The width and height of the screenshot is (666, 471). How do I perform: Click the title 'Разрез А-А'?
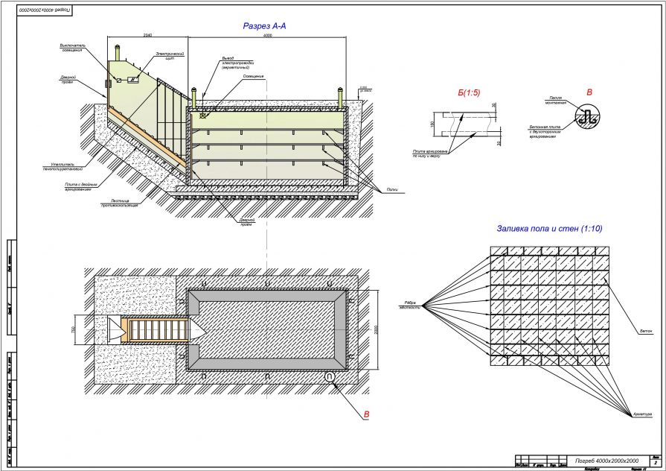pyautogui.click(x=264, y=26)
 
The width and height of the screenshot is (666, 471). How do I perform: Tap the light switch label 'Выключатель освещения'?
pyautogui.click(x=73, y=47)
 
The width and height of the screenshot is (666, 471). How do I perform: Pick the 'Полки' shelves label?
pyautogui.click(x=392, y=189)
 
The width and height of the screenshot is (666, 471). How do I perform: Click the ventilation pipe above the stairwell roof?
pyautogui.click(x=120, y=55)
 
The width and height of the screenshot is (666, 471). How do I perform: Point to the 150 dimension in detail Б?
pyautogui.click(x=432, y=123)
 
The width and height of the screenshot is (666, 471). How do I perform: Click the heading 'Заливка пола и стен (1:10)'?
pyautogui.click(x=549, y=228)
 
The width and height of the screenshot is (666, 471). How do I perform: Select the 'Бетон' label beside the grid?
pyautogui.click(x=645, y=330)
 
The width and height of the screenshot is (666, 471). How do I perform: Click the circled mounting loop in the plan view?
pyautogui.click(x=330, y=377)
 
